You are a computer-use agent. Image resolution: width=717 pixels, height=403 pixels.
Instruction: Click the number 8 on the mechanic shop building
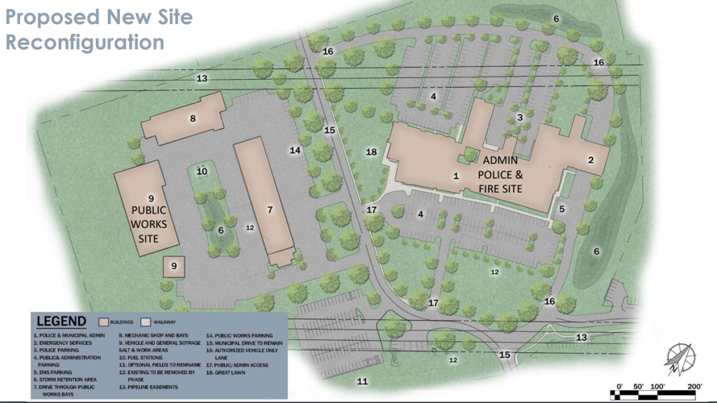[x=193, y=118]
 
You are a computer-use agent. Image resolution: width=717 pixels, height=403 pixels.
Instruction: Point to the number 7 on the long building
[x=270, y=210]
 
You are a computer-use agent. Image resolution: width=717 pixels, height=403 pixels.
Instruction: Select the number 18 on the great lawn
[x=371, y=152]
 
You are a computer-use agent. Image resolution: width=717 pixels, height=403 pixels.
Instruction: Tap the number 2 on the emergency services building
[x=590, y=160]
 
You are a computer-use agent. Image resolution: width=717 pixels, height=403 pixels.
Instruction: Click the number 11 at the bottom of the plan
[x=363, y=380]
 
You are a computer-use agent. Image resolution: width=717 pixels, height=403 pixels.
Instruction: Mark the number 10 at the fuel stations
[x=202, y=171]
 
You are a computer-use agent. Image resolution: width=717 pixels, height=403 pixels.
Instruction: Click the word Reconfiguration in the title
[x=85, y=41]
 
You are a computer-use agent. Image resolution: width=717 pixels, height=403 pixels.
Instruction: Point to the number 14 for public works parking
[x=295, y=150]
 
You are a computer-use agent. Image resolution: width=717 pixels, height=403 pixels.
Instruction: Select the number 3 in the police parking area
[x=520, y=118]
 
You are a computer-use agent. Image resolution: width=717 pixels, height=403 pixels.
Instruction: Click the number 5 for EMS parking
[x=561, y=209]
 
